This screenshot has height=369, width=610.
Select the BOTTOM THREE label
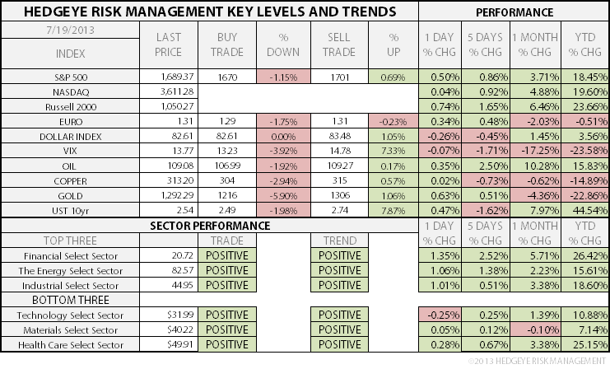click(69, 300)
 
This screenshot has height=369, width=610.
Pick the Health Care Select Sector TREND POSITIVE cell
click(338, 345)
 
